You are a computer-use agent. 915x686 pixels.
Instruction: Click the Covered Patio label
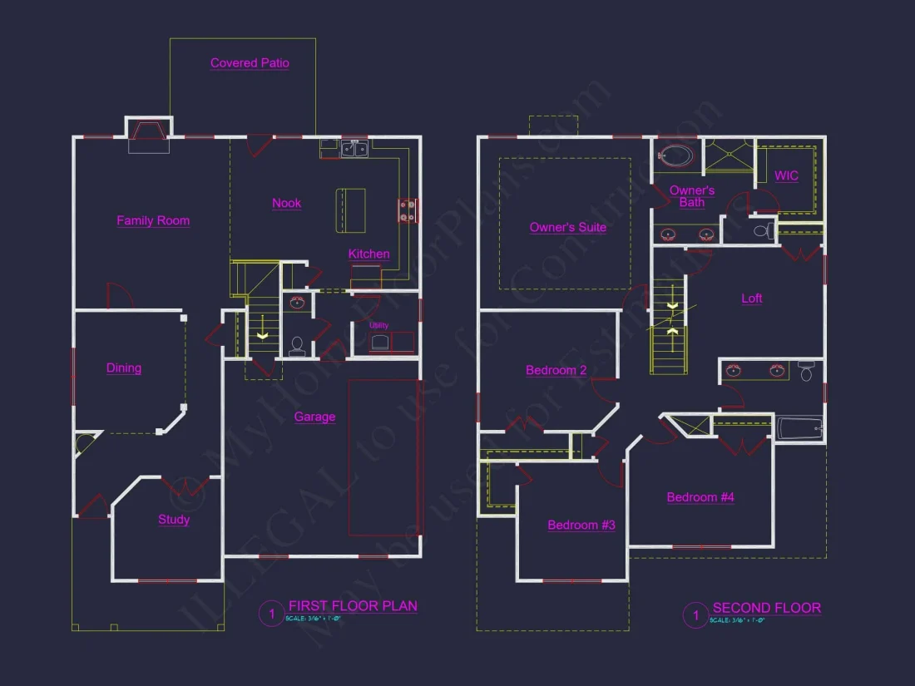(x=250, y=63)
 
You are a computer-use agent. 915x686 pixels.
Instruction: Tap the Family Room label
(x=153, y=220)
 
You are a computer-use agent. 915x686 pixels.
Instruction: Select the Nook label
(x=286, y=203)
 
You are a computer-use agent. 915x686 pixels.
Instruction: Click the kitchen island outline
(x=350, y=211)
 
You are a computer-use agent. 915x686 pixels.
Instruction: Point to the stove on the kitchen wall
(x=408, y=210)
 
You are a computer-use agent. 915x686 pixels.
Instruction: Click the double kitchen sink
(x=355, y=150)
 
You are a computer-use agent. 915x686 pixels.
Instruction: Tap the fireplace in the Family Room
(x=148, y=137)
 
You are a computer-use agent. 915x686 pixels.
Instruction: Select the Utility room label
(x=378, y=325)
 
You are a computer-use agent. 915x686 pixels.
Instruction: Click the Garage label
(x=314, y=417)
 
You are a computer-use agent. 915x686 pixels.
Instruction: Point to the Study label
(x=174, y=520)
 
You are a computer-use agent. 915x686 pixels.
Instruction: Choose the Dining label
(x=124, y=368)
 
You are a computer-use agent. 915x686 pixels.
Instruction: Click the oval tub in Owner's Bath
(x=675, y=155)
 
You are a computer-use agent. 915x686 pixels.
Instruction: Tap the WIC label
(x=786, y=175)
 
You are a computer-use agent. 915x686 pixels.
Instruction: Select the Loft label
(x=751, y=299)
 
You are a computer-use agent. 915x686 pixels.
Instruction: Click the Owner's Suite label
(x=568, y=227)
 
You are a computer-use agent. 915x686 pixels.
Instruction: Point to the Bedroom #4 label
(x=700, y=497)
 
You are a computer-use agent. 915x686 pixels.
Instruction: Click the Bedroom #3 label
(x=581, y=525)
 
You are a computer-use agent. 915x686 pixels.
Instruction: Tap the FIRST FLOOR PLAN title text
(x=353, y=606)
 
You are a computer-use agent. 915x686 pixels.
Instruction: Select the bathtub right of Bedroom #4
(x=799, y=429)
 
